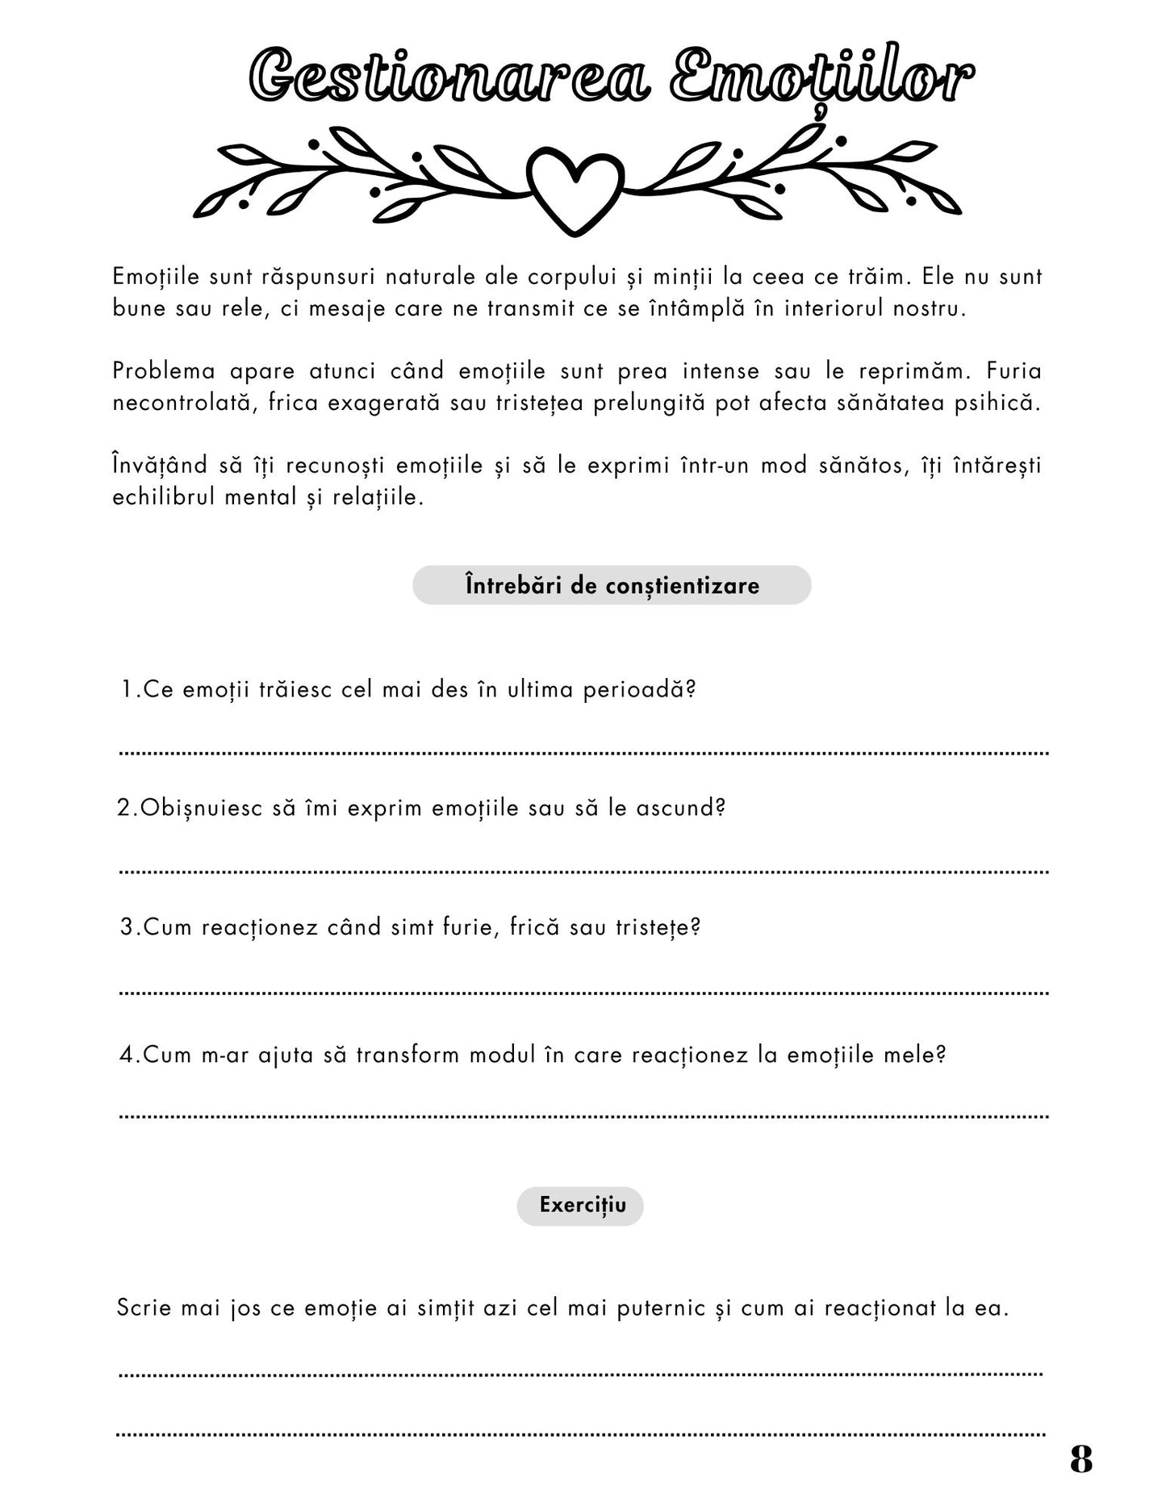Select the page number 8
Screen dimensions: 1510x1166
coord(1081,1459)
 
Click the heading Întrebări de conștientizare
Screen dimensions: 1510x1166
coord(612,585)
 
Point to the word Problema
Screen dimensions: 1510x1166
coord(164,371)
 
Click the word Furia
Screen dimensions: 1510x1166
coord(1014,371)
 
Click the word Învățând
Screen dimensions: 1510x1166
coord(161,466)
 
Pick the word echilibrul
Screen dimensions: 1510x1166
coord(164,497)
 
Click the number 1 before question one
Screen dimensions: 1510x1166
coord(127,690)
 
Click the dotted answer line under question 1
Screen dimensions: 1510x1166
coord(583,753)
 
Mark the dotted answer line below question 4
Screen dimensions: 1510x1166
coord(583,1117)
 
